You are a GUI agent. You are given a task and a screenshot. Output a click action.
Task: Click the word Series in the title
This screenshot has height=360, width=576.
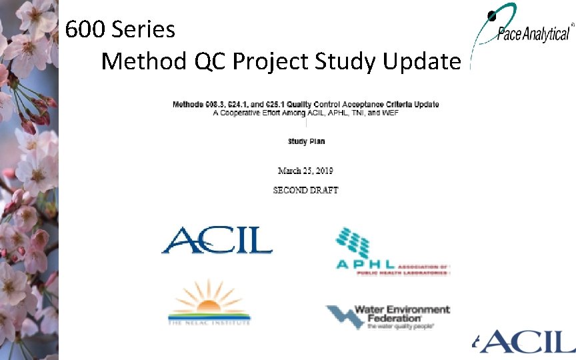pos(143,29)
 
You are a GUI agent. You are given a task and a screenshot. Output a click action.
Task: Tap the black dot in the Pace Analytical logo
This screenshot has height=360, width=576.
pos(491,15)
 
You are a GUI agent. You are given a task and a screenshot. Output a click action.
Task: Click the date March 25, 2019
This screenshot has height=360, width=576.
pos(306,171)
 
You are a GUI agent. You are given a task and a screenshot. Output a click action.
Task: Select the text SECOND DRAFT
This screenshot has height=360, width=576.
pos(306,190)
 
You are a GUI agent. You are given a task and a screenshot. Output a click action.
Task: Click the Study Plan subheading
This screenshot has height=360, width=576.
pos(306,141)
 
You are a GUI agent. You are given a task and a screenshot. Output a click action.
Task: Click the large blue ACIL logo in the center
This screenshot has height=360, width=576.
pos(217,241)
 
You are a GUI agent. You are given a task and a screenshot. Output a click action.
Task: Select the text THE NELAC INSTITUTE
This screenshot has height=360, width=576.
pos(209,323)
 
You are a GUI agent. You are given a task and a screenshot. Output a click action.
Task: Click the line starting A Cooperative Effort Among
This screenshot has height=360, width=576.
pos(306,113)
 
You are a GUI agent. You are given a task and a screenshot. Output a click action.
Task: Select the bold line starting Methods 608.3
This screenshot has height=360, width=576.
pos(306,104)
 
